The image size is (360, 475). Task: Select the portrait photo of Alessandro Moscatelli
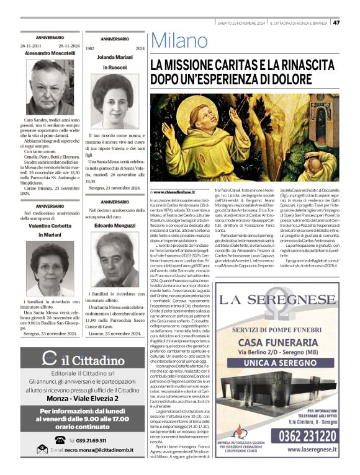[x=48, y=87]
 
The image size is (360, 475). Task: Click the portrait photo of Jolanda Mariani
[x=114, y=101]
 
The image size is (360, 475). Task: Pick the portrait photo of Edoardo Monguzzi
[x=114, y=257]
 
